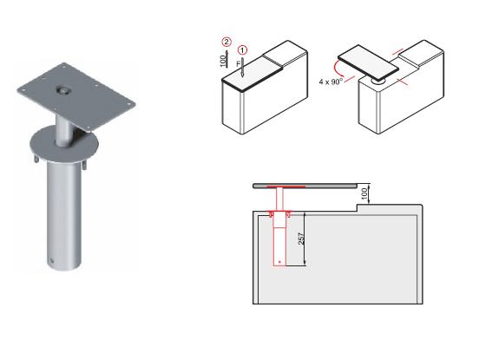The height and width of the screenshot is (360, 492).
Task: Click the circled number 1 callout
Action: coord(242,49)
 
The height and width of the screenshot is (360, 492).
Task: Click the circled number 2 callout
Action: coord(226,42)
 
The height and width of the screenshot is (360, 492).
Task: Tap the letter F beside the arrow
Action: coord(239,64)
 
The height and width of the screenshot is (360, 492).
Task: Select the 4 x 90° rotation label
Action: coord(331,82)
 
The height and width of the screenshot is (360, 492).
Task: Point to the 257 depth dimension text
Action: coord(301,239)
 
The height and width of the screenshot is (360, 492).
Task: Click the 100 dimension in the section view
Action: coord(364,193)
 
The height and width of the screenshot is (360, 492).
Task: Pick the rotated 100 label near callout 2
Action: coord(223,61)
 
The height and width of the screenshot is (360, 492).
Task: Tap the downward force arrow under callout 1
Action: coord(242,67)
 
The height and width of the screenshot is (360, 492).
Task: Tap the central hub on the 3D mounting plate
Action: coord(63,90)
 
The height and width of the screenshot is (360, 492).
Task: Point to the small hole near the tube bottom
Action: coord(51,259)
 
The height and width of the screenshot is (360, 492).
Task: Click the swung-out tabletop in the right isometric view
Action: coord(368,62)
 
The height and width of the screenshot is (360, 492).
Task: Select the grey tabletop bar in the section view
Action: coord(305,186)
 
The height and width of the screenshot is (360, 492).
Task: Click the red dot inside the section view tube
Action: coord(280,261)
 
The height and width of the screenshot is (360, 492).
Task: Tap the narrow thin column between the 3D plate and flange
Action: coord(63,129)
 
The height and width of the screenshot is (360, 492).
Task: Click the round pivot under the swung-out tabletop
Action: coord(378,82)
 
